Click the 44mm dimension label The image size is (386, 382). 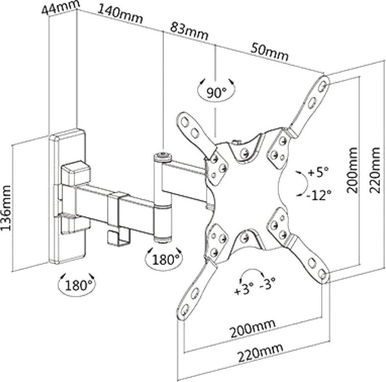[x=61, y=8]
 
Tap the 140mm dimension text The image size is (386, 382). [x=120, y=14]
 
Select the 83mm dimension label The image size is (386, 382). [x=189, y=31]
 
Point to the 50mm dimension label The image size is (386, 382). [x=269, y=52]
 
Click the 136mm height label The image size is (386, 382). [x=6, y=208]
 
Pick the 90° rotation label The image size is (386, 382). [x=216, y=93]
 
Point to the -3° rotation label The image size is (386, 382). [x=268, y=283]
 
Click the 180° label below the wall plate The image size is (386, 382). [x=77, y=285]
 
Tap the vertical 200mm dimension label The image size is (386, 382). [x=352, y=170]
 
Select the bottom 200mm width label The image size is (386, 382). [x=252, y=328]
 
